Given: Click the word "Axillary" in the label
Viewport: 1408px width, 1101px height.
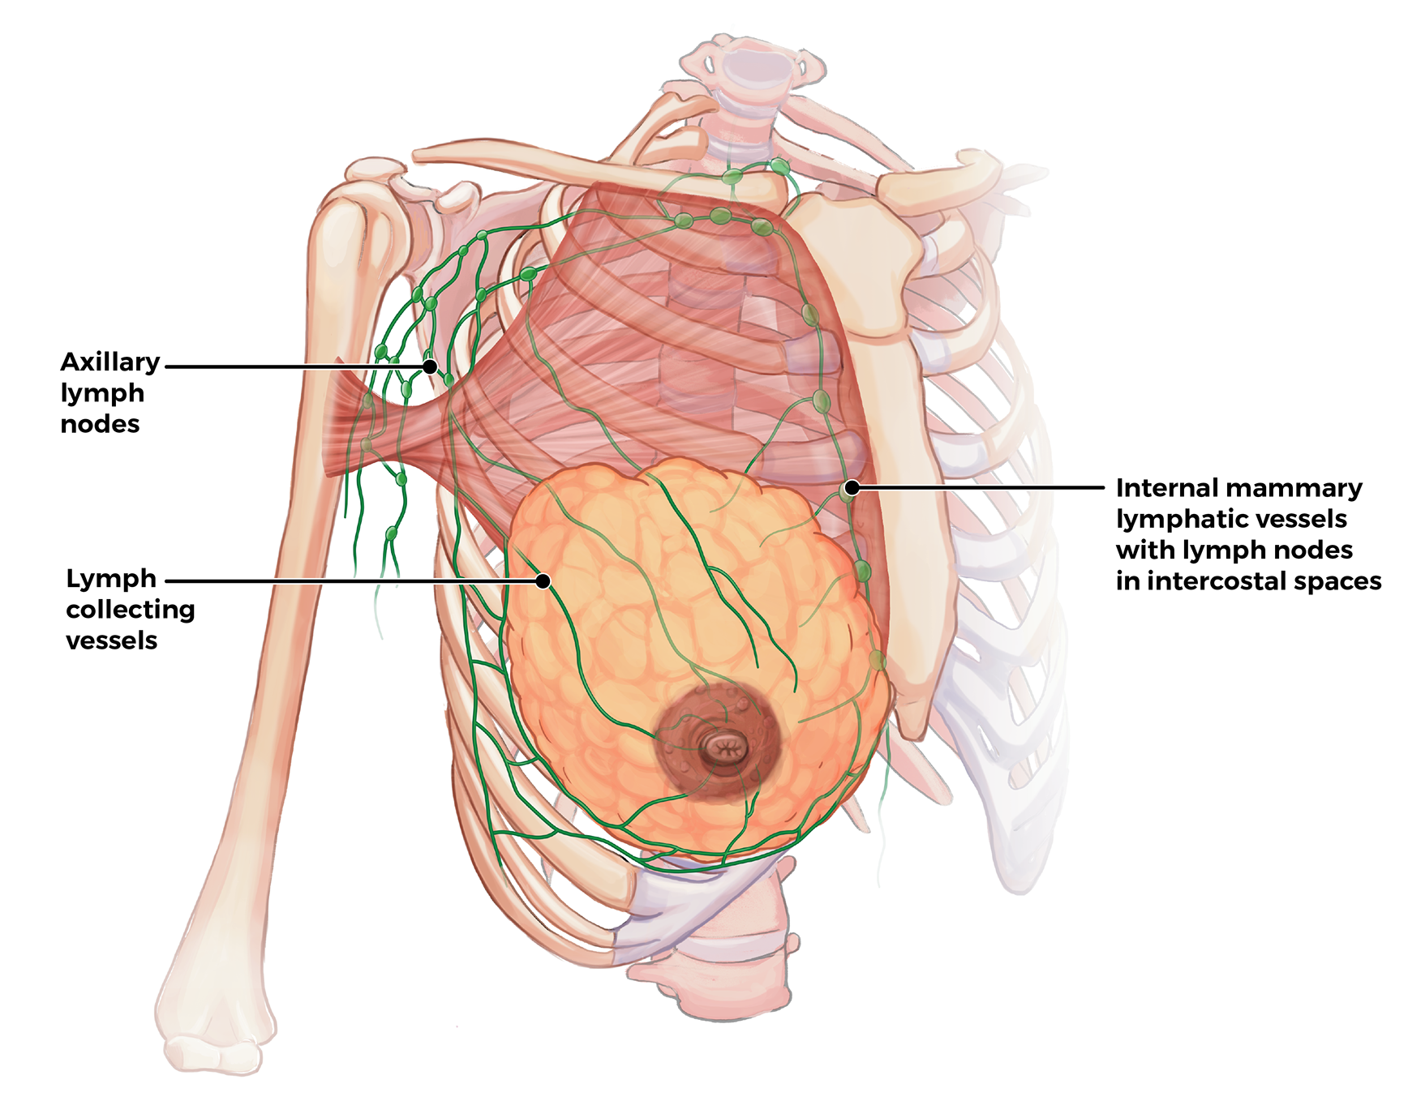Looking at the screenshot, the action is click(110, 362).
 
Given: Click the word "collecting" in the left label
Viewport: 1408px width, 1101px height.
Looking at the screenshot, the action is click(131, 610).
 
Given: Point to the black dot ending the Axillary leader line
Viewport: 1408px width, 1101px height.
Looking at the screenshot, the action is click(431, 366).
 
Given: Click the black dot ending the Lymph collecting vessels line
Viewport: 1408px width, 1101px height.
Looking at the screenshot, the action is click(543, 580).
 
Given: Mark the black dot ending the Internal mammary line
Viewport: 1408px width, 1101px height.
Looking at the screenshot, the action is click(852, 487).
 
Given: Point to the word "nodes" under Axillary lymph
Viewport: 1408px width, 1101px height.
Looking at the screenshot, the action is click(100, 424).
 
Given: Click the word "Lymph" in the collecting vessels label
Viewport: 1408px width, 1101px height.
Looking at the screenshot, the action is click(111, 579).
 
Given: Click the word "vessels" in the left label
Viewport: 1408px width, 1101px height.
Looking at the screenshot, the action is click(111, 640).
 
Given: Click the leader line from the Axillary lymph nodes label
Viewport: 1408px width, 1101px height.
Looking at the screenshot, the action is click(292, 366).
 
